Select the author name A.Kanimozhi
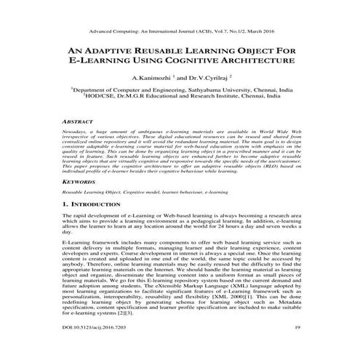151,76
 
